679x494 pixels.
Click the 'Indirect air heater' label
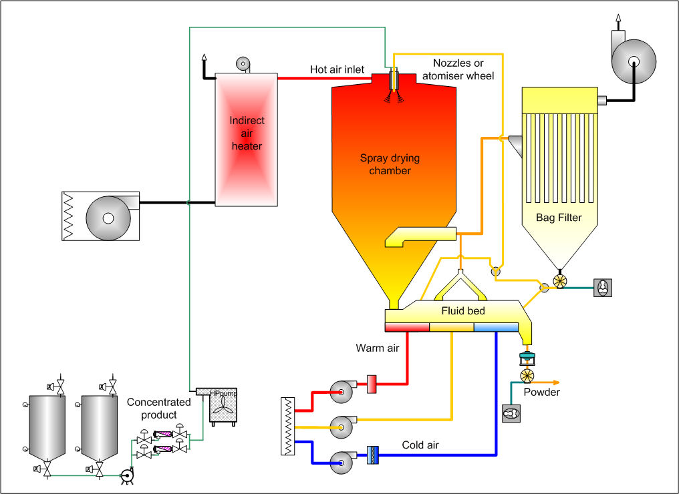[247, 133]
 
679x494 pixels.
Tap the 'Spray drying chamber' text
[385, 164]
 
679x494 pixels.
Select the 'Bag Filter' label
[559, 218]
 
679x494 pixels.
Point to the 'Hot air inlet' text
[337, 69]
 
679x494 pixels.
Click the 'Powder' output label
[541, 392]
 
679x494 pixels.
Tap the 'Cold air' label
[421, 445]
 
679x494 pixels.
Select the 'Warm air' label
[378, 348]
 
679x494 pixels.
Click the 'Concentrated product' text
[158, 409]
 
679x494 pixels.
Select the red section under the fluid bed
[407, 326]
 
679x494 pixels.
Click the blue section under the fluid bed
[496, 326]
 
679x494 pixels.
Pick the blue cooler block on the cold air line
[372, 455]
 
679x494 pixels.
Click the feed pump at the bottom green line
[125, 475]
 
